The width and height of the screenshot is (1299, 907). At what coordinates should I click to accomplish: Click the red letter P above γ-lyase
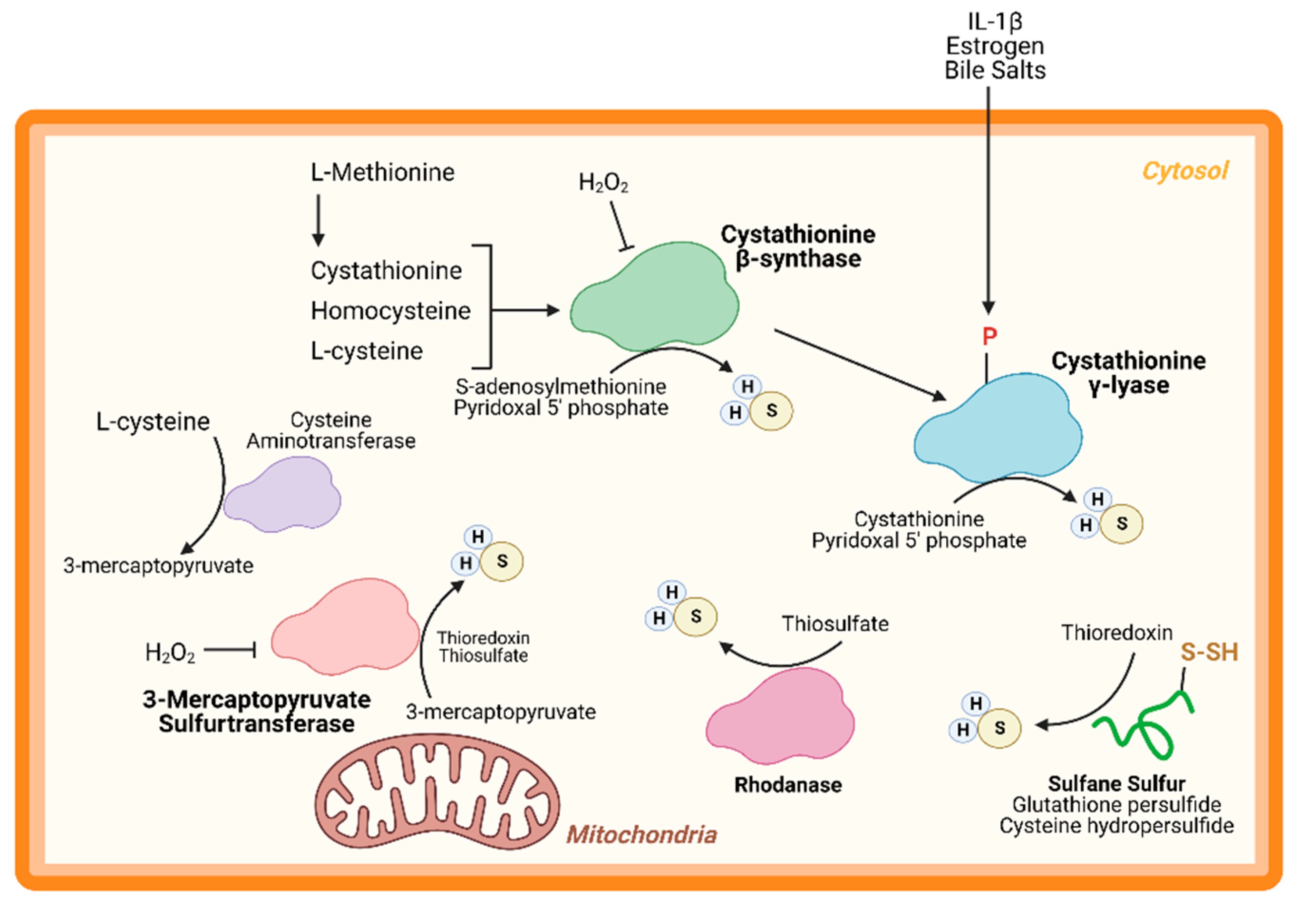pyautogui.click(x=989, y=337)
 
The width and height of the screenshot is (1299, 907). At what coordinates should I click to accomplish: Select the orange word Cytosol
pyautogui.click(x=1185, y=171)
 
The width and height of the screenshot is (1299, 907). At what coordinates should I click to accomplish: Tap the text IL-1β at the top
pyautogui.click(x=995, y=21)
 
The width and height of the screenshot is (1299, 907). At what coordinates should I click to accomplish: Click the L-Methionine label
pyautogui.click(x=382, y=172)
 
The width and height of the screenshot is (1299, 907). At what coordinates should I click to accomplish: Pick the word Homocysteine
pyautogui.click(x=390, y=311)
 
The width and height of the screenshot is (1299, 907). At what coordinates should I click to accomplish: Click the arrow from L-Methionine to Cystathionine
pyautogui.click(x=318, y=220)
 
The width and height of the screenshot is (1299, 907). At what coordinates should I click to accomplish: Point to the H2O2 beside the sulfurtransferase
pyautogui.click(x=170, y=653)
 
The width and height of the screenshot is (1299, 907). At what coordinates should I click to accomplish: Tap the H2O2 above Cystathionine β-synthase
pyautogui.click(x=603, y=182)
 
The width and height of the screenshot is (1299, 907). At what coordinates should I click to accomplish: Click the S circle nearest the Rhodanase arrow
pyautogui.click(x=696, y=616)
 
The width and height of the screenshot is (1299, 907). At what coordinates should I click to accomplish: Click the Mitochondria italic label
pyautogui.click(x=641, y=835)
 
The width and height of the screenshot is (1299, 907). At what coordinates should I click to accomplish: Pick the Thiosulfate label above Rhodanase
pyautogui.click(x=835, y=624)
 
